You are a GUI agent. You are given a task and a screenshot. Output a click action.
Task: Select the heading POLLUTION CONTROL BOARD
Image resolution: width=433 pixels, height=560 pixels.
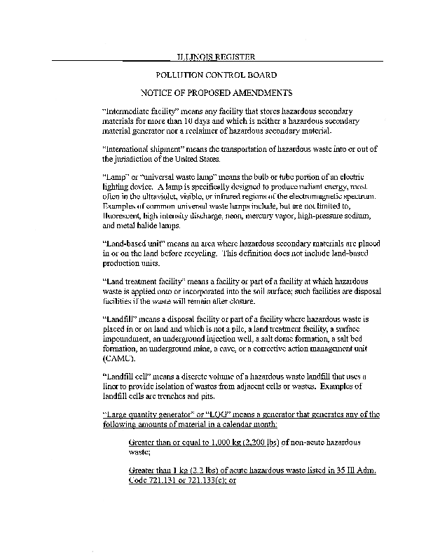215,74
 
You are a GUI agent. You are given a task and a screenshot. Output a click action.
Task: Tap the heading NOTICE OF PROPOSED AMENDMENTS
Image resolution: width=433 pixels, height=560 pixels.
215,93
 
